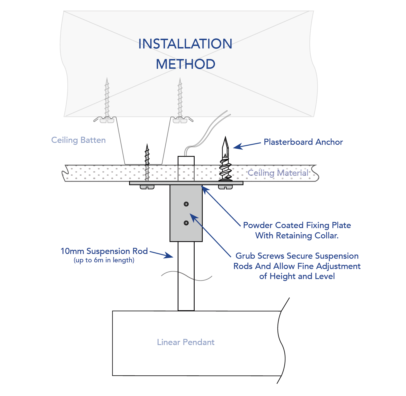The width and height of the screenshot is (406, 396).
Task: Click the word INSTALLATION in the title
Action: click(185, 44)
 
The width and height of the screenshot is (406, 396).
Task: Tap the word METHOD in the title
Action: click(185, 64)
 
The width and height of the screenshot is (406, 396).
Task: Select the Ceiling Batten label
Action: click(78, 140)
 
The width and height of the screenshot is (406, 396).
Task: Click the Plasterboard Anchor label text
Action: click(303, 142)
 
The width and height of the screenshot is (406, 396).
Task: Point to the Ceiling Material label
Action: click(278, 173)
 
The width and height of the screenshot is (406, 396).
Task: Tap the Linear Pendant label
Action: click(186, 342)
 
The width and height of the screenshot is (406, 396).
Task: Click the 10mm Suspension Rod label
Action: click(104, 251)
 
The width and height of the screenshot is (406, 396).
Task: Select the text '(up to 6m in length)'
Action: click(104, 260)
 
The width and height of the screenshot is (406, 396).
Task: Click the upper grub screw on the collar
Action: click(186, 204)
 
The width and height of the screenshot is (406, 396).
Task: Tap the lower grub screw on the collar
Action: click(186, 223)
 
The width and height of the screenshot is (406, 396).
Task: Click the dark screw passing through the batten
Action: click(147, 162)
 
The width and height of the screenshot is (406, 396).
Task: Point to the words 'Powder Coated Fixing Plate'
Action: click(297, 225)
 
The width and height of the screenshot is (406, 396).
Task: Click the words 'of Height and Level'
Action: click(297, 276)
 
